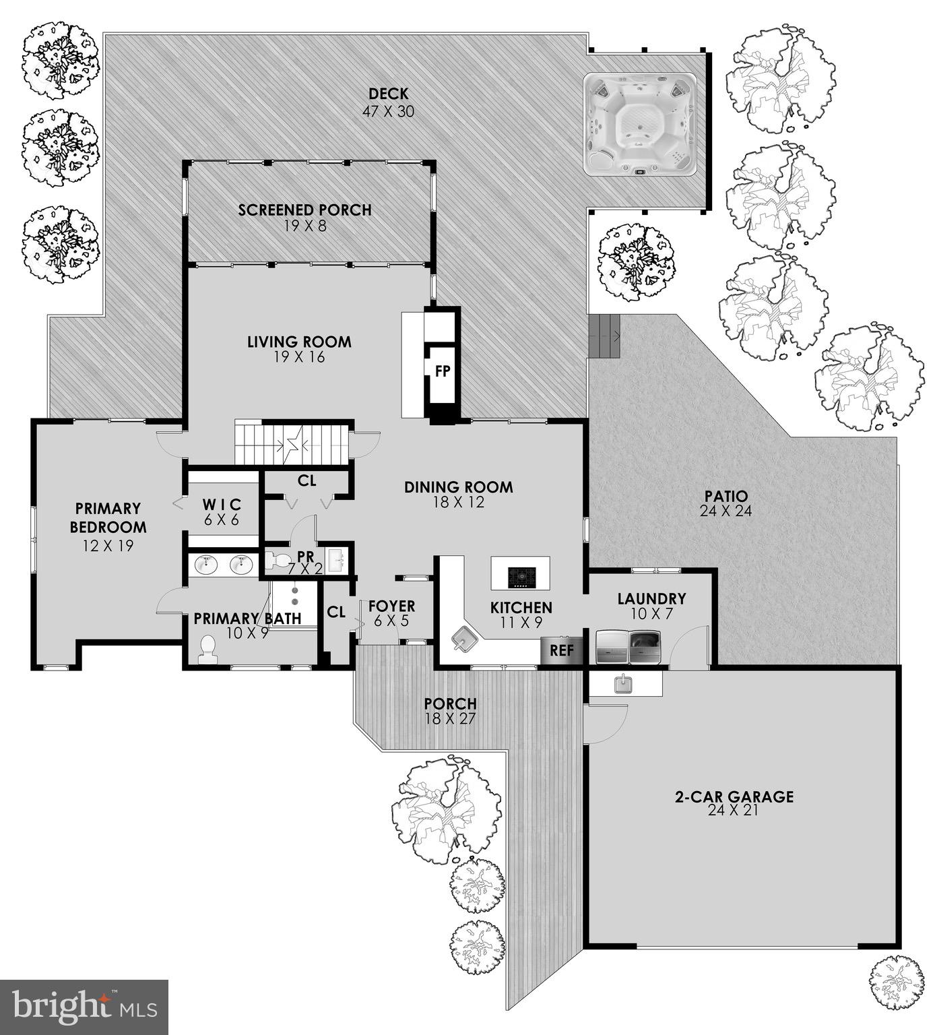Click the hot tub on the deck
point(639,125)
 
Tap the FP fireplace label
point(442,371)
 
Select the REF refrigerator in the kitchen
point(561,650)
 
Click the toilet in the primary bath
point(209,648)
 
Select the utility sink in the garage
point(622,684)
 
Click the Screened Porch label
point(304,210)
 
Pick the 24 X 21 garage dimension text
point(734,811)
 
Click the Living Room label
point(299,342)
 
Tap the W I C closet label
point(222,505)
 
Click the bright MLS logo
point(84,1007)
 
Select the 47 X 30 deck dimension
point(388,111)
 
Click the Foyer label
point(391,606)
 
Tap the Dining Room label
point(458,487)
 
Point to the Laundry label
point(651,598)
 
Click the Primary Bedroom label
point(108,517)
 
